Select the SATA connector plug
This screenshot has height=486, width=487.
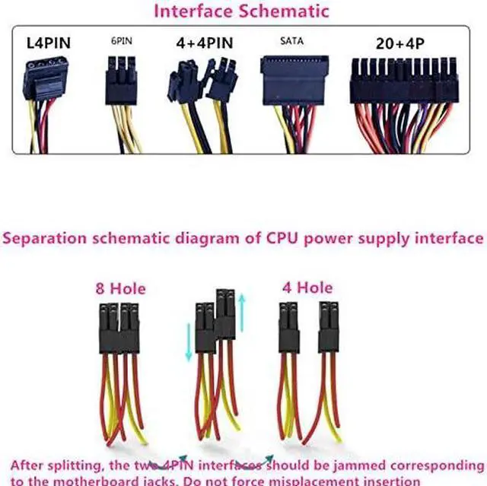pos(295,82)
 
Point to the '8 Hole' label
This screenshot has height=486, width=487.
pos(120,289)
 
